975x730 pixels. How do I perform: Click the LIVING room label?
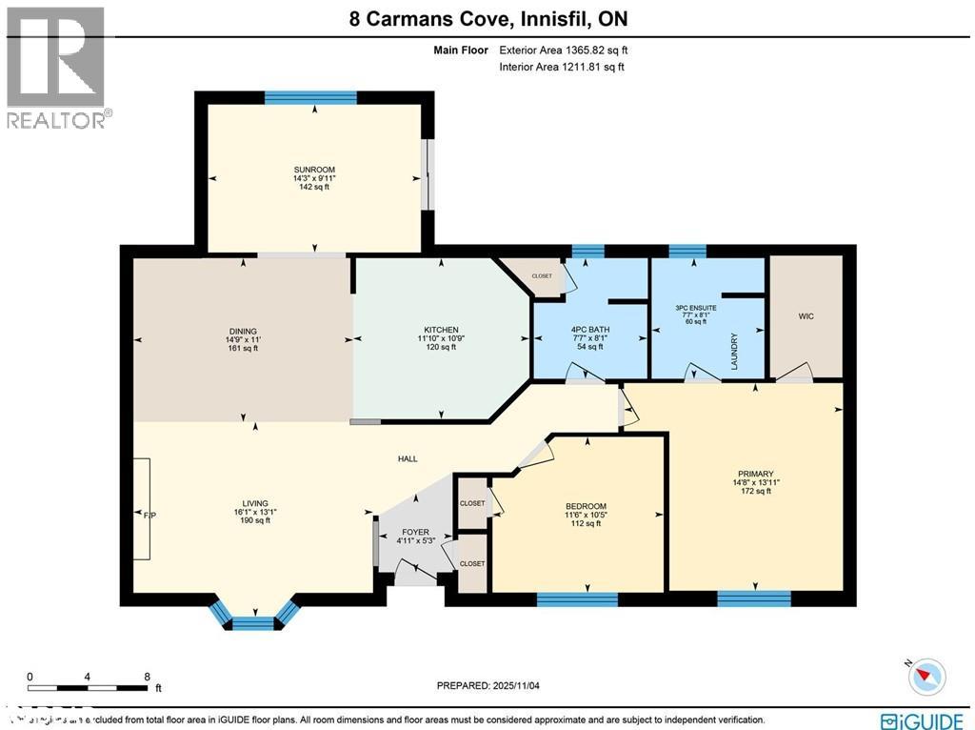(x=254, y=503)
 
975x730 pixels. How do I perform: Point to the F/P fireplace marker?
(x=149, y=515)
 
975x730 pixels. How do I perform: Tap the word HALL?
(x=408, y=458)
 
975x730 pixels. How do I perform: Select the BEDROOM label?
(x=586, y=506)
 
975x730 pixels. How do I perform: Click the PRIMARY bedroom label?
(x=755, y=474)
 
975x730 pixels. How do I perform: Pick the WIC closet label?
(x=806, y=315)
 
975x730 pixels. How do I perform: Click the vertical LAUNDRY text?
(x=735, y=350)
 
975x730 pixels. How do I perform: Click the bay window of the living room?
(x=253, y=622)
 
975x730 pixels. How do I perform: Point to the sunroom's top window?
(x=310, y=96)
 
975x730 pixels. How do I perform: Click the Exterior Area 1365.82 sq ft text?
(x=561, y=50)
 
